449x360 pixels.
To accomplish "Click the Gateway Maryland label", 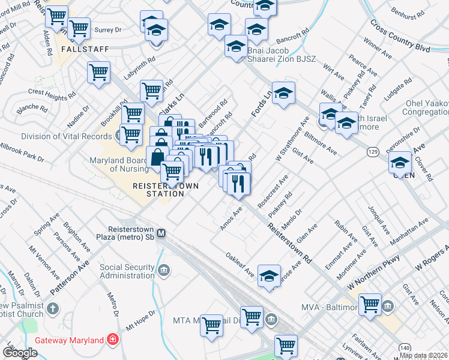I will pyautogui.click(x=69, y=340).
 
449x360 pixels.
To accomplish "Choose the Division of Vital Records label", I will pyautogui.click(x=57, y=136).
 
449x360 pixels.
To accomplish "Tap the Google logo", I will pyautogui.click(x=20, y=353).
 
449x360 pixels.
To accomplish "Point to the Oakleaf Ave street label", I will pyautogui.click(x=240, y=263).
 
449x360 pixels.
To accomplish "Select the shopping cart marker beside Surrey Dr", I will pyautogui.click(x=79, y=28).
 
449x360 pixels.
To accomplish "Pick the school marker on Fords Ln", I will pyautogui.click(x=283, y=94).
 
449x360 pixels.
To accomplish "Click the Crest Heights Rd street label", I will pyautogui.click(x=52, y=94).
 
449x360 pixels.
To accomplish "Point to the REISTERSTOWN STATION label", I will pyautogui.click(x=166, y=190).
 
